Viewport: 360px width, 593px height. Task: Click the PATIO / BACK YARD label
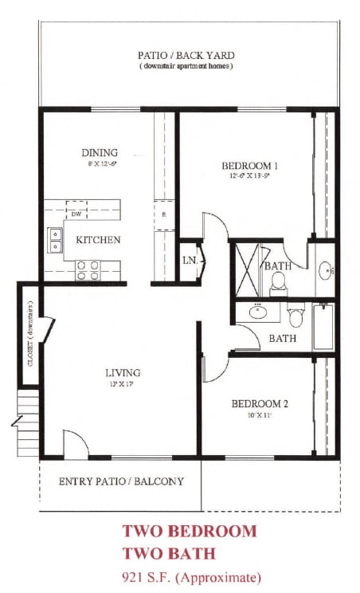tap(186, 56)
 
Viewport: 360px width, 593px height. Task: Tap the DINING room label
tap(100, 153)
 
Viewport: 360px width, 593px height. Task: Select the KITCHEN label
tap(98, 239)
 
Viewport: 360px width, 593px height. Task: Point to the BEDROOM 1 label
tap(243, 166)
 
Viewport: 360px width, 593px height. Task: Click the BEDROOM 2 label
tap(260, 403)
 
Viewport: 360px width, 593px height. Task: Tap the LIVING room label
tap(123, 372)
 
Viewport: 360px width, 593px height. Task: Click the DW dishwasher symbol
tap(76, 214)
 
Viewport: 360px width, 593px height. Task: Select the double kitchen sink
tap(56, 240)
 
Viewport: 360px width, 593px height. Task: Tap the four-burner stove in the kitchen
tap(87, 270)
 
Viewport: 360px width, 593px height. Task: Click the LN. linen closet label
tap(190, 261)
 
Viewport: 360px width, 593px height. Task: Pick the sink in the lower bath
tap(258, 312)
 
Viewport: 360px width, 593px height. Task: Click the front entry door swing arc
tap(76, 445)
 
